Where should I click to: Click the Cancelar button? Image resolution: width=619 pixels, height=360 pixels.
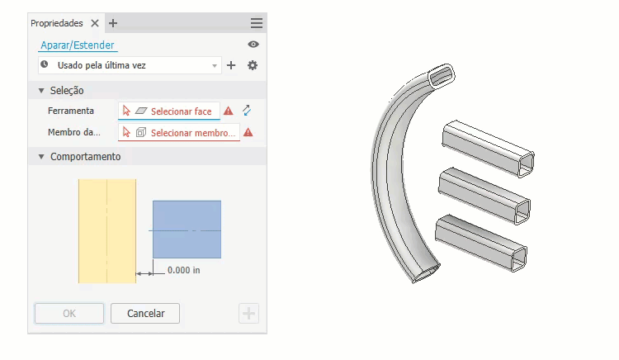click(x=145, y=314)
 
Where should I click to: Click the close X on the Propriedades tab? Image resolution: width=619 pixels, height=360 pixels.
click(x=95, y=23)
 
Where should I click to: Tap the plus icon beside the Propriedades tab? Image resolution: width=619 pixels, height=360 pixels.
click(x=113, y=23)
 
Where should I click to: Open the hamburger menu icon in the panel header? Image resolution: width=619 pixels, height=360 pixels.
click(x=256, y=23)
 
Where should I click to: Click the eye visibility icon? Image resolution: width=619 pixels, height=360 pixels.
click(x=253, y=45)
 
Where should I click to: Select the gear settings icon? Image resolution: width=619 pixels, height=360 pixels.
click(x=253, y=65)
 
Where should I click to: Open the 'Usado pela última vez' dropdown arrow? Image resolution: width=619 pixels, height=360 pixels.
click(x=215, y=65)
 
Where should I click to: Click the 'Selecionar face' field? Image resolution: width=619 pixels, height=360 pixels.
click(x=169, y=111)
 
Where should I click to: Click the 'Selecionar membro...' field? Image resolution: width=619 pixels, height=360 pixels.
click(x=179, y=133)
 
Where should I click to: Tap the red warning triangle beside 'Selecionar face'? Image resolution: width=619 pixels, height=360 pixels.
click(x=228, y=111)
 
